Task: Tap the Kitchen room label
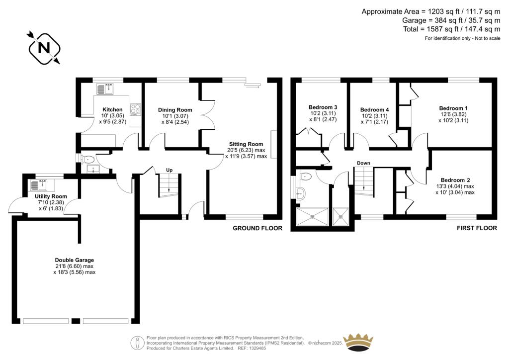(112, 109)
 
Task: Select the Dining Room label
(175, 110)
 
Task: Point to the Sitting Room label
(246, 144)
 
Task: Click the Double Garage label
(75, 260)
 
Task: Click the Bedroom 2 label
(455, 180)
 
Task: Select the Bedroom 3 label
(323, 107)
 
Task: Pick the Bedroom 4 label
(374, 110)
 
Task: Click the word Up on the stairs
(169, 171)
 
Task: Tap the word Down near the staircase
(363, 163)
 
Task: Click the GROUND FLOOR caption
(257, 228)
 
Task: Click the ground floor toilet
(88, 160)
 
